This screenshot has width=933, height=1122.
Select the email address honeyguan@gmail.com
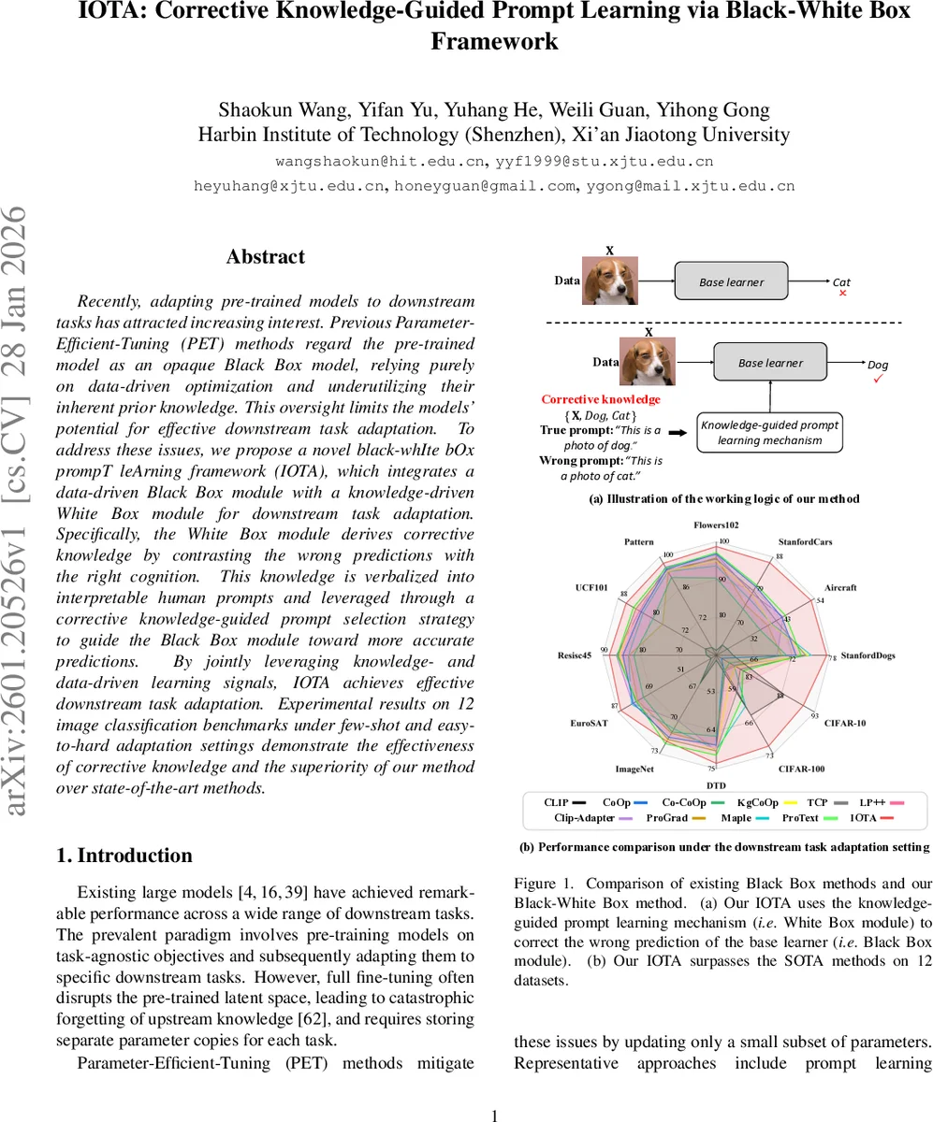point(483,185)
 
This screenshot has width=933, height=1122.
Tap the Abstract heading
point(265,256)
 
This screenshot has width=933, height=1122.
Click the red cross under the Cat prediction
point(841,293)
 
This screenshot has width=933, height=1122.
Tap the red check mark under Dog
point(877,379)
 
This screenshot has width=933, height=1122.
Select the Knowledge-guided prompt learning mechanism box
point(770,433)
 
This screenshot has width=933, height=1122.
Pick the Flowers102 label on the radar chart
point(716,525)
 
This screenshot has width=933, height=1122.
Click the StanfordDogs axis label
point(867,655)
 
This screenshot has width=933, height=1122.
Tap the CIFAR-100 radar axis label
point(801,770)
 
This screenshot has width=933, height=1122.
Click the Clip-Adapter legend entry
point(584,817)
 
